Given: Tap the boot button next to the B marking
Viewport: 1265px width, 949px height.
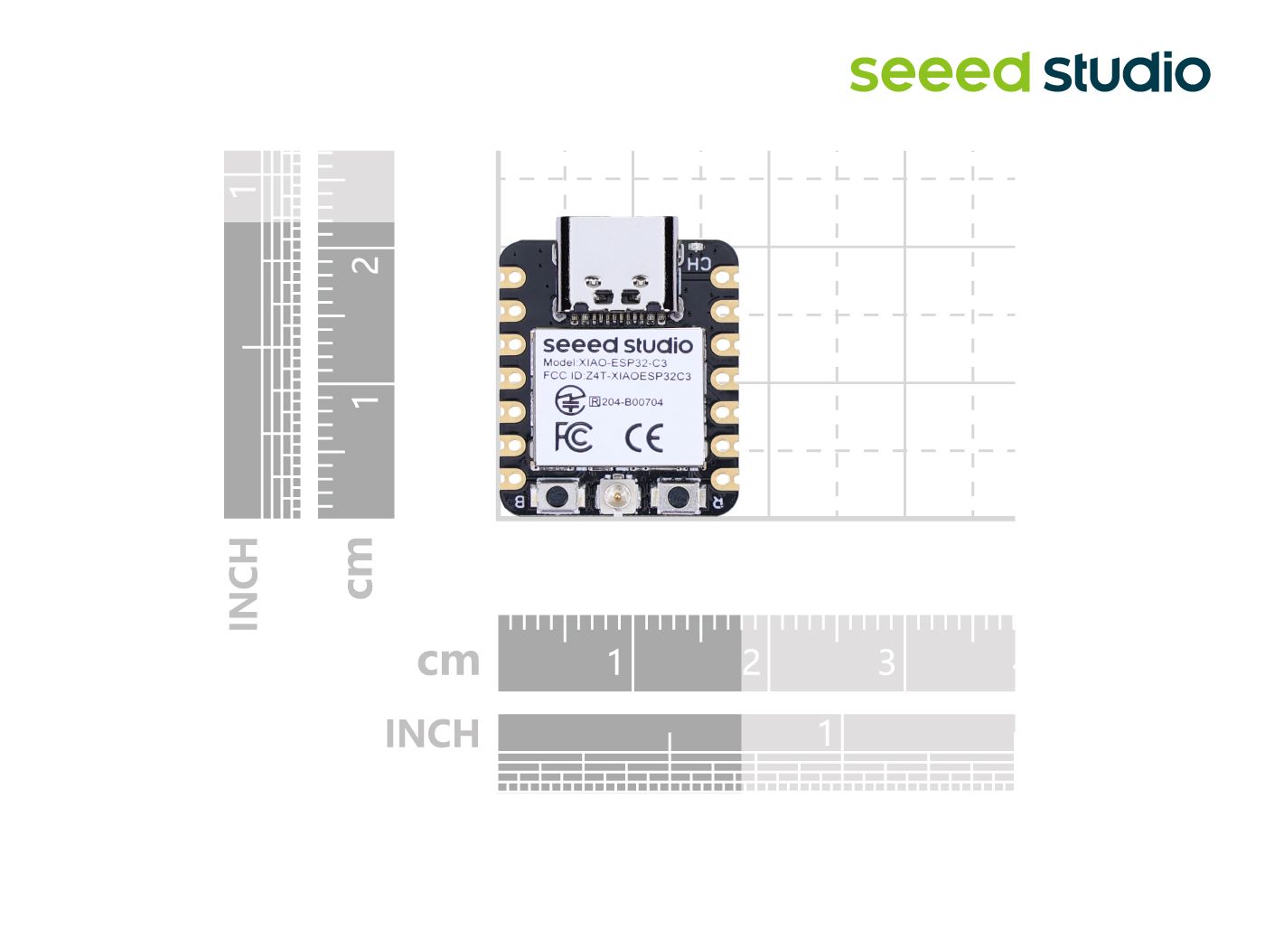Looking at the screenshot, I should pyautogui.click(x=558, y=496).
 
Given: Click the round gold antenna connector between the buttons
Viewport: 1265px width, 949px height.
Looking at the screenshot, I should pyautogui.click(x=618, y=495).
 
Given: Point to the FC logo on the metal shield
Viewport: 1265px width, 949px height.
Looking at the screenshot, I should pyautogui.click(x=574, y=437).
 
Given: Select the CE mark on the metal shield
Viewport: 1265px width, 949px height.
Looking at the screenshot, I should pyautogui.click(x=644, y=438).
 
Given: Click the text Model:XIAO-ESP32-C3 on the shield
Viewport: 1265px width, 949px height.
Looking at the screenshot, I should pyautogui.click(x=604, y=362).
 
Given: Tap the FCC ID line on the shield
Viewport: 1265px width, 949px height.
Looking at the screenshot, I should pyautogui.click(x=616, y=376).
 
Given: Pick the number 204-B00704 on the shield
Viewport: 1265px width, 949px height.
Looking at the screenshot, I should pyautogui.click(x=632, y=402).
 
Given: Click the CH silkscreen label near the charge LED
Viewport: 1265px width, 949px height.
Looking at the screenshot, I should pyautogui.click(x=698, y=264).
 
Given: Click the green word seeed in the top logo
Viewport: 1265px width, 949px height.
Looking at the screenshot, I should pyautogui.click(x=940, y=73).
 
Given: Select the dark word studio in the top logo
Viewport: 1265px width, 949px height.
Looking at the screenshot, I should pyautogui.click(x=1127, y=73).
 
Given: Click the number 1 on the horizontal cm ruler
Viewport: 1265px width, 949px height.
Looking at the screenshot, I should pyautogui.click(x=615, y=662).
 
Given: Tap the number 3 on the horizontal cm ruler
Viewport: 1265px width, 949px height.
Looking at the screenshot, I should pyautogui.click(x=886, y=662).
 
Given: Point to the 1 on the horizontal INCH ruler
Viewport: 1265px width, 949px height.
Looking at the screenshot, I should pyautogui.click(x=825, y=733).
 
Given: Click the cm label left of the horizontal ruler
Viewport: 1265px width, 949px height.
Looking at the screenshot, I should pyautogui.click(x=448, y=662).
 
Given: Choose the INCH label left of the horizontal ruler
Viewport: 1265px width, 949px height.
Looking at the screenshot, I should pyautogui.click(x=432, y=734).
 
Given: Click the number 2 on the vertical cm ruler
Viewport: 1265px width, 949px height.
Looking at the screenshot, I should pyautogui.click(x=367, y=264).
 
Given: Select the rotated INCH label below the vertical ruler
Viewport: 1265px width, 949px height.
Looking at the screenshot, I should pyautogui.click(x=243, y=584).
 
